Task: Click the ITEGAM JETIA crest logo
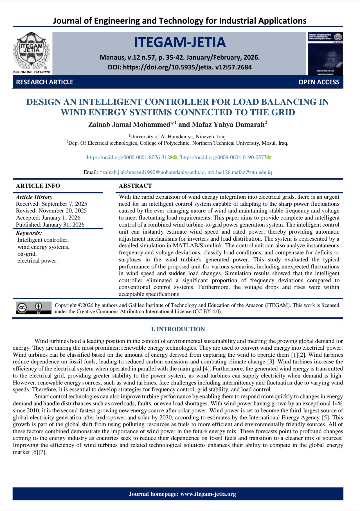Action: tap(31, 51)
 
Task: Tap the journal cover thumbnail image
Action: tap(325, 54)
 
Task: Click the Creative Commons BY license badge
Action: tap(33, 308)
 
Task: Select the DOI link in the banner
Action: tap(187, 67)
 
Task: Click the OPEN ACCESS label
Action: tap(319, 82)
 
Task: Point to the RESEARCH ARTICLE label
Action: tap(45, 82)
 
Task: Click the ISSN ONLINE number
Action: tap(31, 72)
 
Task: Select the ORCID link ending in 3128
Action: tap(130, 157)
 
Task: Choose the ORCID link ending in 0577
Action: tap(224, 157)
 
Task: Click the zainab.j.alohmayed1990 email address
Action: tap(154, 172)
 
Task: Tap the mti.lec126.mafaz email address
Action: tap(240, 172)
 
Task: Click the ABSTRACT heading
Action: tap(135, 186)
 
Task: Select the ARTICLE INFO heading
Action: tap(38, 186)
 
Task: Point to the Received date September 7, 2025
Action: tap(51, 204)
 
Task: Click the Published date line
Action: tap(50, 225)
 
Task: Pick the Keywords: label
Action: tap(29, 233)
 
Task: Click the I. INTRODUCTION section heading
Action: tap(178, 329)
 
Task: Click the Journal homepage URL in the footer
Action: tap(208, 494)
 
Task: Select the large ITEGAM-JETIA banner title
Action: tap(180, 42)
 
